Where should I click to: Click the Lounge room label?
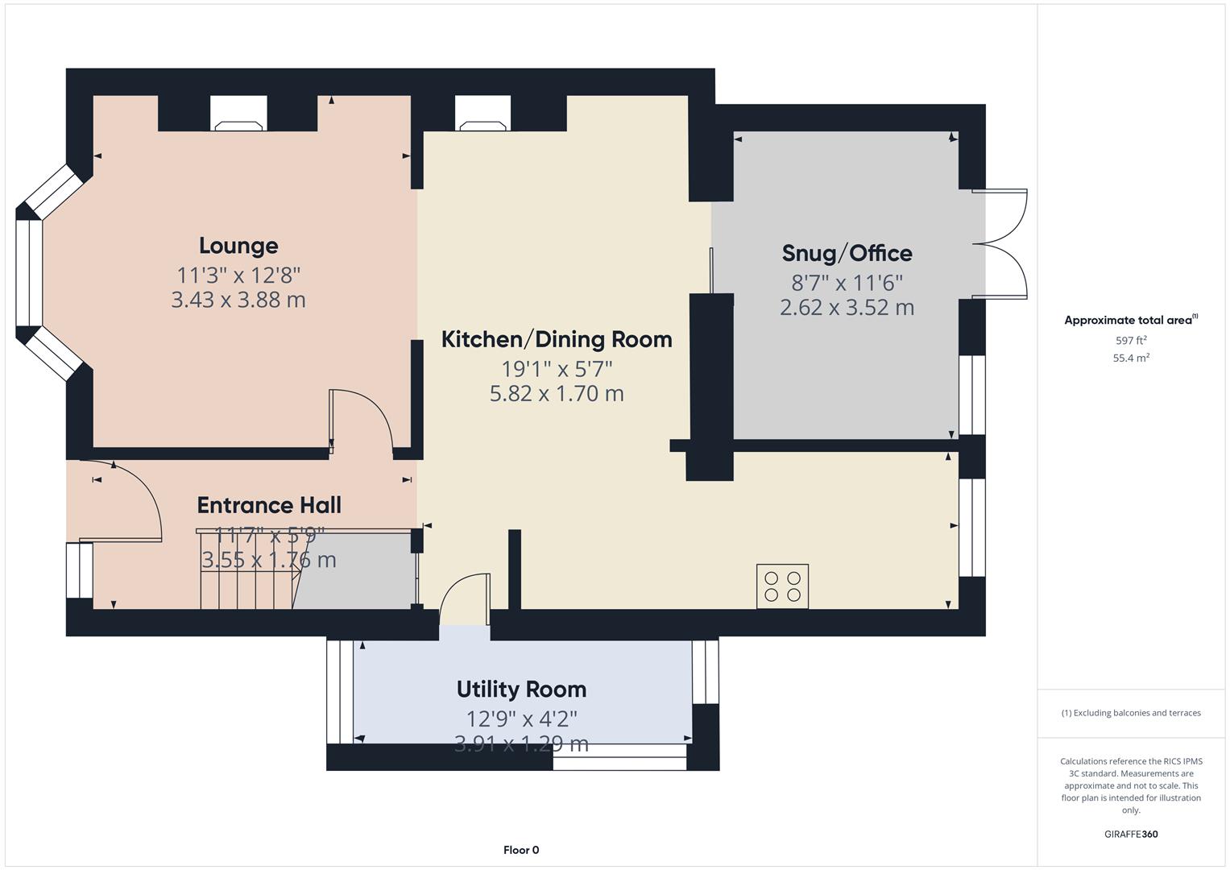click(238, 246)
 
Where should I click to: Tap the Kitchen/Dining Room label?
click(557, 339)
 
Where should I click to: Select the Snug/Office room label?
click(847, 253)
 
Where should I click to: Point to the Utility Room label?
click(521, 690)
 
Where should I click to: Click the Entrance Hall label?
click(269, 505)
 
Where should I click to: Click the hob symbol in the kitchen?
click(782, 586)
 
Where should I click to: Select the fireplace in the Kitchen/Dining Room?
click(482, 114)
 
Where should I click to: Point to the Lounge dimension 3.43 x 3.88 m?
click(238, 300)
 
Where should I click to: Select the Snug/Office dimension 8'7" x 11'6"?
click(847, 283)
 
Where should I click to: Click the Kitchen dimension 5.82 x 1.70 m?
click(557, 394)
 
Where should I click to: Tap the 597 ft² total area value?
click(1130, 341)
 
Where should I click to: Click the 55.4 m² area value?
click(1130, 358)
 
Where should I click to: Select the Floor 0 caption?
click(521, 850)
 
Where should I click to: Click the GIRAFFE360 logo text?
click(1130, 834)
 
